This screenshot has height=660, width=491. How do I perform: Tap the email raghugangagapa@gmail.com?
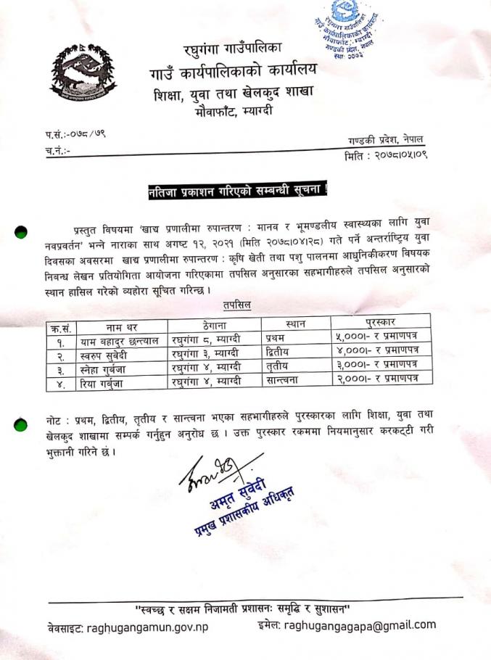tap(360, 624)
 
